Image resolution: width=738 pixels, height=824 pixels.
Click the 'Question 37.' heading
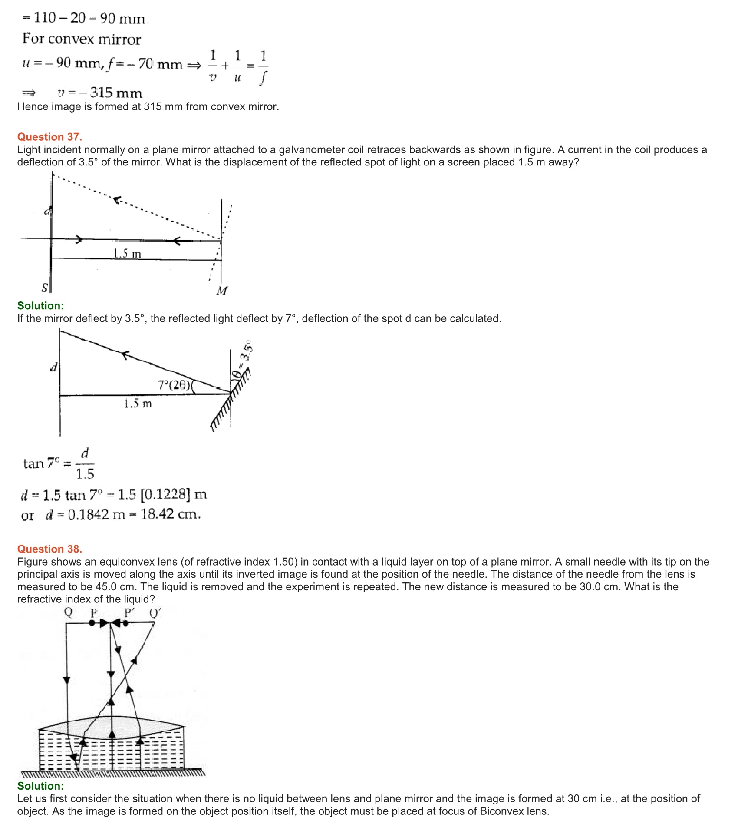49,137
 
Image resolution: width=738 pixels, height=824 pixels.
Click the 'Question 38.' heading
49,549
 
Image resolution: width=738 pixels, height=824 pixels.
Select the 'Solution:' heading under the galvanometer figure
40,306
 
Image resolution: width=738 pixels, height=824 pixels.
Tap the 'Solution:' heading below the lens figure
40,786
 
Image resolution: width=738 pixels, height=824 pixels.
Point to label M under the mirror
222,291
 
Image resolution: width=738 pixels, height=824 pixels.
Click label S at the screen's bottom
45,288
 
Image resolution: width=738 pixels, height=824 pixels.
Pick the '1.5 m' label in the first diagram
127,253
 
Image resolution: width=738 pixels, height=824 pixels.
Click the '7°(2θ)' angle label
174,385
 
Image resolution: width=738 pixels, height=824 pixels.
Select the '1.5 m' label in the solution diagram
138,404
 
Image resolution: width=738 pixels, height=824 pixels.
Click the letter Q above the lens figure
69,612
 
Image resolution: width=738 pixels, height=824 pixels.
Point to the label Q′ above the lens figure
155,613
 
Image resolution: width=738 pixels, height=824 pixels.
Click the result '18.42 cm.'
171,515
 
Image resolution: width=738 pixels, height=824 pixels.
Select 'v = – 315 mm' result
99,93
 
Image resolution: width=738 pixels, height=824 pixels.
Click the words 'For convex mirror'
82,39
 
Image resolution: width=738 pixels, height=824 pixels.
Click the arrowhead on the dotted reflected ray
116,200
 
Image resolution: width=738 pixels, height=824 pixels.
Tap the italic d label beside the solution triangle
54,368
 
